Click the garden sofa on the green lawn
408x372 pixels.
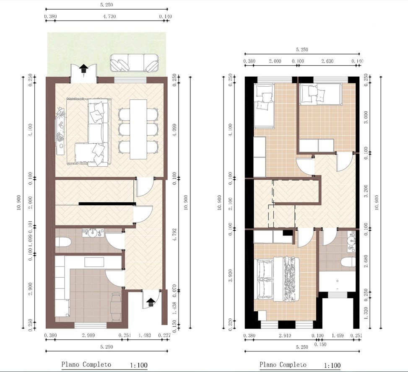(134, 63)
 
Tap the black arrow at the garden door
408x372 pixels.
(83, 69)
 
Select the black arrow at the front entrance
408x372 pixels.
(151, 302)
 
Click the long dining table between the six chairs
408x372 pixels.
(138, 129)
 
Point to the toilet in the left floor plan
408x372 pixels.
(63, 242)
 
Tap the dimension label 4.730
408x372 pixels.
(109, 16)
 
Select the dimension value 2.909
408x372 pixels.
(88, 336)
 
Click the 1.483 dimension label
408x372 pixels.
(145, 336)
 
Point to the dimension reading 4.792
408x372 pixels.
(174, 235)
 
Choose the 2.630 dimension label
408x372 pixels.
(327, 61)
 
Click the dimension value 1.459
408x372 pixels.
(338, 336)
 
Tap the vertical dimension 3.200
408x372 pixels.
(366, 191)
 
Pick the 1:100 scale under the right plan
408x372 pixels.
(332, 365)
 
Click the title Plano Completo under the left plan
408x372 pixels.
(86, 364)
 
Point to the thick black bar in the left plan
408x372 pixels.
(107, 204)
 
